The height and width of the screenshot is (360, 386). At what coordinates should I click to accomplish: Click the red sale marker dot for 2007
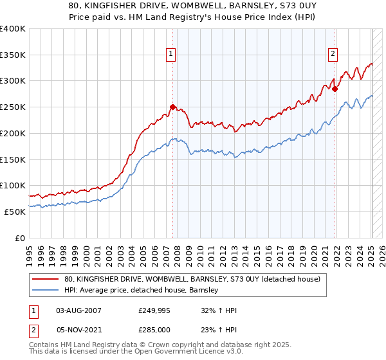click(172, 107)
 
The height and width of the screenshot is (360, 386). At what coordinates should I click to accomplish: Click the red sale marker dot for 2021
click(335, 89)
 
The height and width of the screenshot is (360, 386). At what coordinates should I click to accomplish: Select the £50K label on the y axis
click(15, 212)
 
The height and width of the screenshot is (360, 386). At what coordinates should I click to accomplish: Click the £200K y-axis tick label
click(13, 133)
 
